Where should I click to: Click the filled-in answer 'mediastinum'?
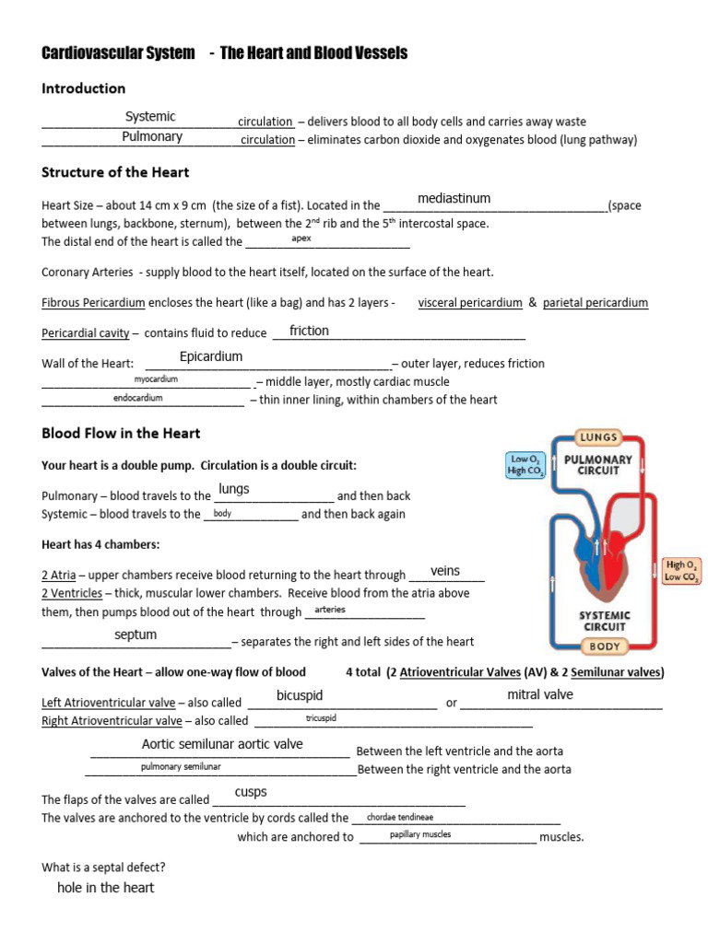pyautogui.click(x=454, y=198)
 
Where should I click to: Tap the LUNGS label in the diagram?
pyautogui.click(x=597, y=437)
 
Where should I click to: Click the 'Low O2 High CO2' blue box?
pyautogui.click(x=526, y=464)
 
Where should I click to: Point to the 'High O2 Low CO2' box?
pyautogui.click(x=681, y=570)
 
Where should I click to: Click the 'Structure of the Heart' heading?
pyautogui.click(x=115, y=172)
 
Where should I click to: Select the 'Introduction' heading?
pyautogui.click(x=84, y=88)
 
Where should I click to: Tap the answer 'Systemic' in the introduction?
pyautogui.click(x=150, y=116)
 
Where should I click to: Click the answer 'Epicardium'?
pyautogui.click(x=211, y=356)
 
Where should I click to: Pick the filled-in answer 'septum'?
pyautogui.click(x=136, y=634)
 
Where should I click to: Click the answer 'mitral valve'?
pyautogui.click(x=540, y=694)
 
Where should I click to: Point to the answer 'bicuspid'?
pyautogui.click(x=300, y=695)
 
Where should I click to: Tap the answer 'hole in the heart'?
pyautogui.click(x=105, y=888)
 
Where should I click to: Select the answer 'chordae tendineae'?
pyautogui.click(x=399, y=817)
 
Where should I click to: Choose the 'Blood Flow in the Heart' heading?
pyautogui.click(x=121, y=433)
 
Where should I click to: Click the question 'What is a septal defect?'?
pyautogui.click(x=103, y=867)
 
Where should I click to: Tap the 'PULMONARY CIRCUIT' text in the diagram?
pyautogui.click(x=597, y=464)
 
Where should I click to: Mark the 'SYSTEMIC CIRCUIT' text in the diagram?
pyautogui.click(x=604, y=621)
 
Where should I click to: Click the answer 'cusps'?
pyautogui.click(x=251, y=792)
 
